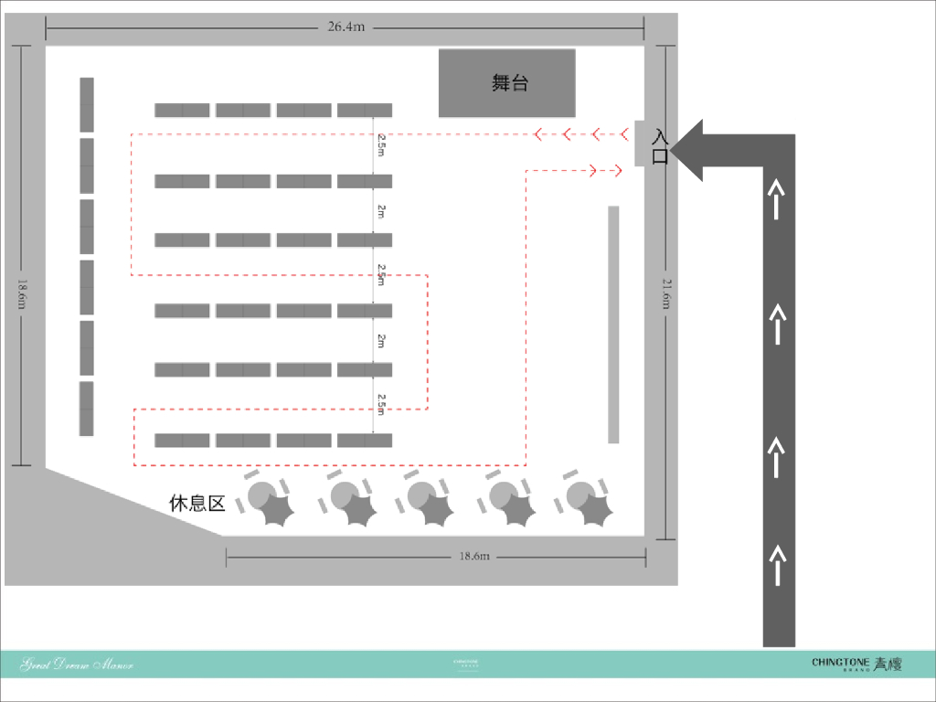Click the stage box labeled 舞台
click(x=507, y=83)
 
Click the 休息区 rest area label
click(x=197, y=503)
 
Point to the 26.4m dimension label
click(x=346, y=27)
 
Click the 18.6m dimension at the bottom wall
click(x=474, y=556)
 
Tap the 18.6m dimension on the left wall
click(x=21, y=293)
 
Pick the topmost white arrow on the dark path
click(x=777, y=199)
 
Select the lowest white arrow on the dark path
click(x=777, y=563)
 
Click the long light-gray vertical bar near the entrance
click(x=613, y=324)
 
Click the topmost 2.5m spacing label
click(x=381, y=144)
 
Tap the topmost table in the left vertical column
click(x=87, y=103)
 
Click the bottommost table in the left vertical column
click(x=87, y=409)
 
